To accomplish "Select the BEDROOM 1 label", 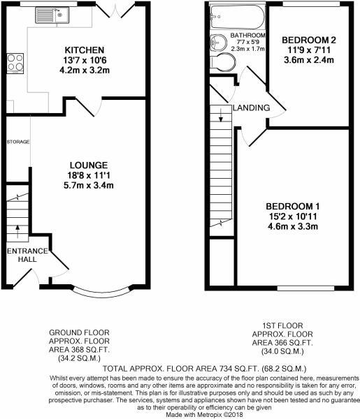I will point(292,206).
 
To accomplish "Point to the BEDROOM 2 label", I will point(310,40).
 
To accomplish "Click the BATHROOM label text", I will point(250,35).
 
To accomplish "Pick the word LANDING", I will point(252,107).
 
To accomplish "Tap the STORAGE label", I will point(18,142).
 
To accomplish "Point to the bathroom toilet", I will point(224,64).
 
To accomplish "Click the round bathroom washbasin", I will point(216,41).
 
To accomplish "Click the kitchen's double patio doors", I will point(113,8).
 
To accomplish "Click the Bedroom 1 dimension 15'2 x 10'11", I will point(292,216).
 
